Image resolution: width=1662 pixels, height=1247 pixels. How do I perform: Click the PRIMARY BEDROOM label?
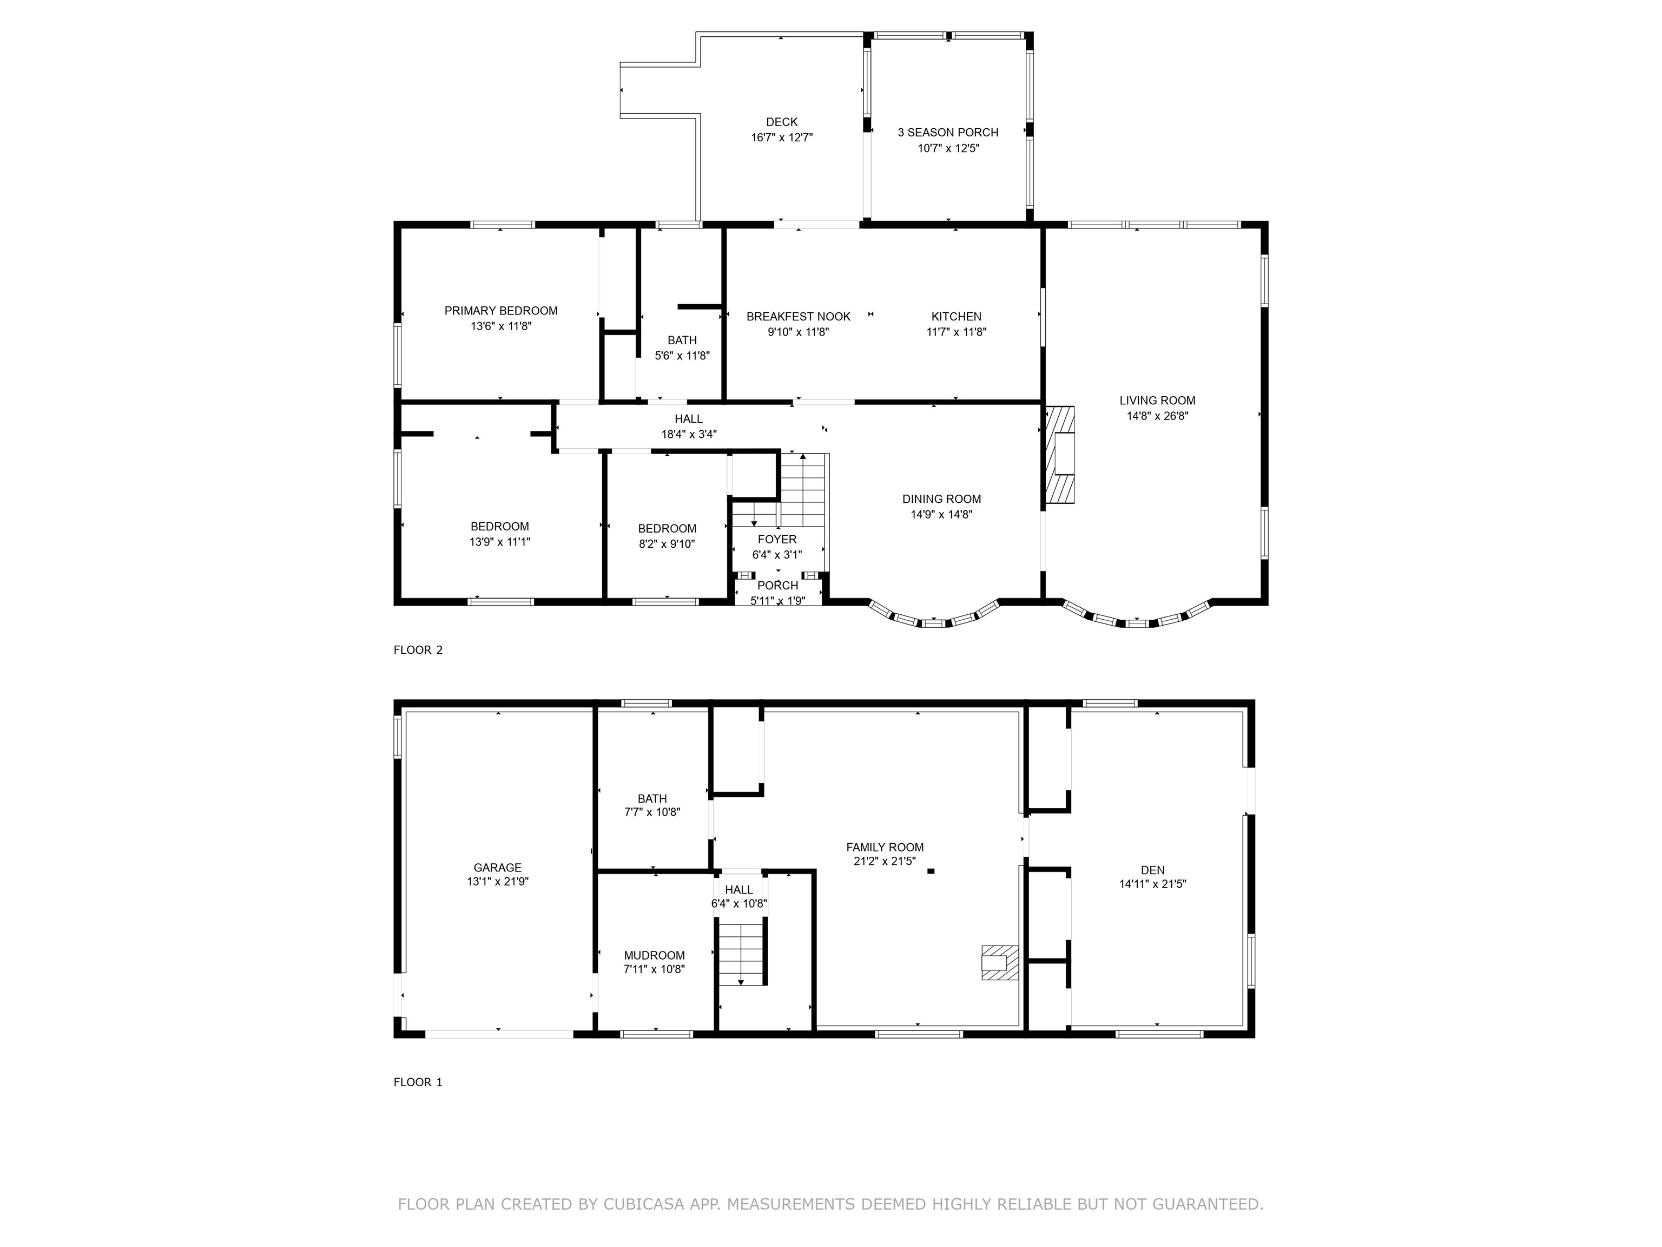coord(501,311)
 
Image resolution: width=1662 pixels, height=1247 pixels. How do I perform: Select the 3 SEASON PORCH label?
coord(948,132)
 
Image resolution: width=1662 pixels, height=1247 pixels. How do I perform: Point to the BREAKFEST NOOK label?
coord(798,317)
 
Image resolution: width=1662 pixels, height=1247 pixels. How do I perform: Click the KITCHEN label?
coord(957,317)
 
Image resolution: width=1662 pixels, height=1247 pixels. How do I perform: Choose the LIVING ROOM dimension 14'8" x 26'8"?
coord(1157,416)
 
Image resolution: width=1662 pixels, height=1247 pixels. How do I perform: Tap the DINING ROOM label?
coord(941,499)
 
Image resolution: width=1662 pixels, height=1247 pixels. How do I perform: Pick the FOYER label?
coord(777,540)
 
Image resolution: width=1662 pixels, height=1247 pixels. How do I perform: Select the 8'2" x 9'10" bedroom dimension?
coord(667,544)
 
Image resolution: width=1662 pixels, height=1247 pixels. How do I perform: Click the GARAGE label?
coord(497,868)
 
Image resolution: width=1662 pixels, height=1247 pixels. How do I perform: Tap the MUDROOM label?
coord(655,955)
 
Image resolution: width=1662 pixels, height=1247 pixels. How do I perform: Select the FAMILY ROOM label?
coord(885,847)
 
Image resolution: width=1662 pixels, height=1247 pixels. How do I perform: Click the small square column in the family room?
coord(931,871)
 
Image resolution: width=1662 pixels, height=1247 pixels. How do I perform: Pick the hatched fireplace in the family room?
coord(1000,962)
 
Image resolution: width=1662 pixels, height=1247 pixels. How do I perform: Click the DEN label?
coord(1152,870)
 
